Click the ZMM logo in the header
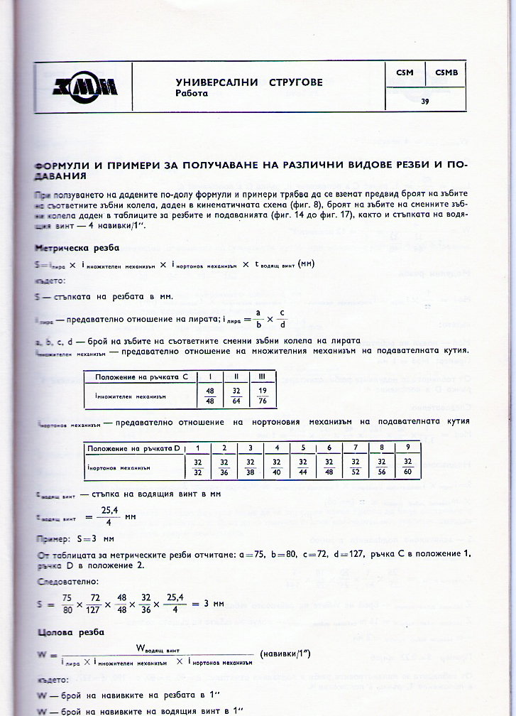84,87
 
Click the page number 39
424,102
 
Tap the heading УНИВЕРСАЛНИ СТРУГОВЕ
248,82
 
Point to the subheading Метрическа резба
77,248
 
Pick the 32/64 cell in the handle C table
235,396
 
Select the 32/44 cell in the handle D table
304,467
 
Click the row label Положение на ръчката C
140,376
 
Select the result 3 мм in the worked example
212,604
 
